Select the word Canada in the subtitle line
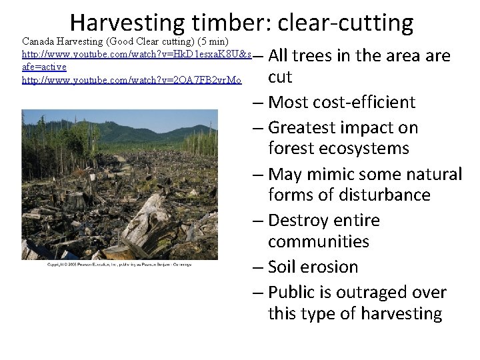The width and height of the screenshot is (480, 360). click(x=41, y=42)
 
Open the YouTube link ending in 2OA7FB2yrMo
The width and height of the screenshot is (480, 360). click(x=132, y=80)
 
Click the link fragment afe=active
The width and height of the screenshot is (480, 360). click(x=45, y=67)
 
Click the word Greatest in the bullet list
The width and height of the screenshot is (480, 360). click(x=303, y=128)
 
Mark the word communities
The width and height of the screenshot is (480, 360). click(x=318, y=241)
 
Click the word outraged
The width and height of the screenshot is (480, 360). click(x=378, y=293)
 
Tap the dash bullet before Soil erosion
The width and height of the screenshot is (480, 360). click(x=258, y=267)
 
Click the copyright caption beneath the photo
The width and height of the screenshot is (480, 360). click(x=118, y=265)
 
